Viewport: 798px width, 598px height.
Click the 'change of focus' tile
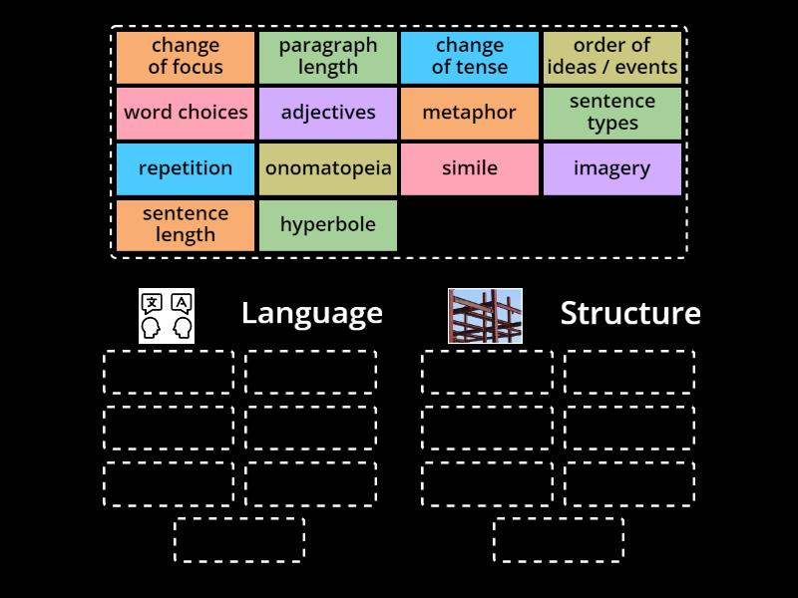pos(186,57)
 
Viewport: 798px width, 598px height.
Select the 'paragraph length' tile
pos(328,57)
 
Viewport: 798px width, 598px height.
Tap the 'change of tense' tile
pos(470,57)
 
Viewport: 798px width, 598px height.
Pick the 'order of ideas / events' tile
pos(612,57)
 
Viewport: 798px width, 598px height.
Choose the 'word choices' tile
pos(186,113)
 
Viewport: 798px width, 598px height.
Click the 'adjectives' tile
pos(328,113)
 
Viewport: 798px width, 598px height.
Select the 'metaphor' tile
pos(470,113)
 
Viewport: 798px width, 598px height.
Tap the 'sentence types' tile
pos(612,113)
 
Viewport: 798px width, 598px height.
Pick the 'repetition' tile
pos(186,168)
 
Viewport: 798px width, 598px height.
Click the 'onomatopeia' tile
pos(328,168)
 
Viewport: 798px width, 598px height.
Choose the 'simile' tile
pos(470,168)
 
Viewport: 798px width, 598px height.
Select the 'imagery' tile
pos(612,168)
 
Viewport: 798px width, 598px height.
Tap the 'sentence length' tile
pos(186,224)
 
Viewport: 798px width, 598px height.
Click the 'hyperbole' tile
pos(328,224)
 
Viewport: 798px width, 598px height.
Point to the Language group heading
pos(312,313)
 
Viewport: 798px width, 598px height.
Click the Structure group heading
pos(630,313)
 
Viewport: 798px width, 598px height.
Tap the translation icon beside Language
pos(167,316)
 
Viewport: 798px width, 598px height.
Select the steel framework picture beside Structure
pos(485,316)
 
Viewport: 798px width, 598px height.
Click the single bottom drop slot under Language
pos(239,539)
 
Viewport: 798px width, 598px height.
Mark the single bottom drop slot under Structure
pos(559,539)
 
